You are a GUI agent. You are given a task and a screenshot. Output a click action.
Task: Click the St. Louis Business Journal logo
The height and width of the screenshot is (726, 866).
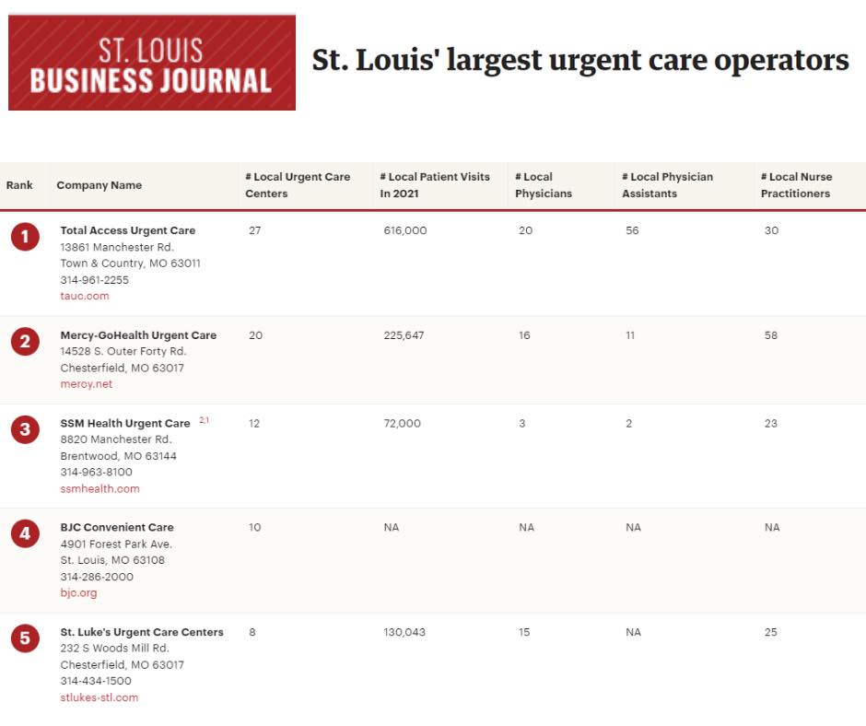pos(152,63)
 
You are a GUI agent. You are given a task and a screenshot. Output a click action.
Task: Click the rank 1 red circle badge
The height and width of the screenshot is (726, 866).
pos(25,237)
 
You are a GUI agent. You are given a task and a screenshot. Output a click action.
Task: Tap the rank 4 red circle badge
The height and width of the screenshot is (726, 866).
pos(25,533)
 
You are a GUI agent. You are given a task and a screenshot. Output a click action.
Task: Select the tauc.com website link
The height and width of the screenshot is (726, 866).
pos(85,296)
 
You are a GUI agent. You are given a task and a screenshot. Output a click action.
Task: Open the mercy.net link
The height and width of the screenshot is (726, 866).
pos(87,384)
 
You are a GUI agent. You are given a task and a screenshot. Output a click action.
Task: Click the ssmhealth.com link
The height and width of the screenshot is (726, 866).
pos(100,488)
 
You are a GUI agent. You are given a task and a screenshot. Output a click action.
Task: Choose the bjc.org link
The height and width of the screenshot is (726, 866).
pos(78,592)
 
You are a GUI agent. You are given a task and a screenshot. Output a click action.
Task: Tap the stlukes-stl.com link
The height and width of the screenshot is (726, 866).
pos(99,697)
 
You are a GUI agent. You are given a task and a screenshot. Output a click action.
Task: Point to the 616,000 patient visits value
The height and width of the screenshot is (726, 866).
pos(405,230)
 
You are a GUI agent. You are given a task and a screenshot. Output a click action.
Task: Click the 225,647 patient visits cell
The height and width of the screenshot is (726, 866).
pos(404,335)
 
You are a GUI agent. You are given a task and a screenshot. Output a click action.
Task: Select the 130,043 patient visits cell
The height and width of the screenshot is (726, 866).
pos(404,632)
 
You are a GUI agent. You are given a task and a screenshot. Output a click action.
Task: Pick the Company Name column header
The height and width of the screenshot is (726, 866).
pos(99,185)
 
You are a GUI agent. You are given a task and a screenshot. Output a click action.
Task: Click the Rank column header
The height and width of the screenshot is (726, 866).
pos(19,185)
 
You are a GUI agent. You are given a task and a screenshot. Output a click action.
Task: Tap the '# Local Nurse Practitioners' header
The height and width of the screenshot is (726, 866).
pos(796,185)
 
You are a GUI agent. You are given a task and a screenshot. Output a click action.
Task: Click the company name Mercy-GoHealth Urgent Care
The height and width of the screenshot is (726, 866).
pos(138,335)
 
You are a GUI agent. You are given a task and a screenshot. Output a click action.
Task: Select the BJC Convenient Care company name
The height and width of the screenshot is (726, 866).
pos(117,527)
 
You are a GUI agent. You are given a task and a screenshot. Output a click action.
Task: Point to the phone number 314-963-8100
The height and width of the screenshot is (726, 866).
pos(96,472)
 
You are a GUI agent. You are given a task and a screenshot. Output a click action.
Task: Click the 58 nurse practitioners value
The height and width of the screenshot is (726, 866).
pos(771,335)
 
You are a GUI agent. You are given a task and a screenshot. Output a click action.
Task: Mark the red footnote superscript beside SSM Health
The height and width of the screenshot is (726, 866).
pos(205,420)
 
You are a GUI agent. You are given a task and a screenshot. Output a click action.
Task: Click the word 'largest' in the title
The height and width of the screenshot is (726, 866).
pos(495,61)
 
